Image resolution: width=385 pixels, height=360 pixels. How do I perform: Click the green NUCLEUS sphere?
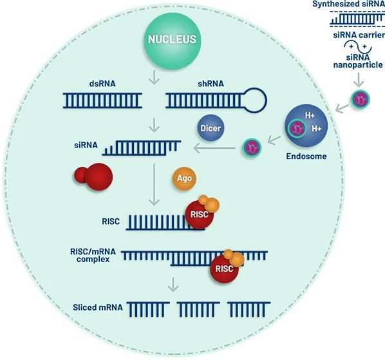(172, 41)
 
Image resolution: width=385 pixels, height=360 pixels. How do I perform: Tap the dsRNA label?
(102, 84)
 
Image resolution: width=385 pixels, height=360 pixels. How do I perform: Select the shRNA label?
(211, 84)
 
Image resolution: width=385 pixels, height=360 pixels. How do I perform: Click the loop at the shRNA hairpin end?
(256, 100)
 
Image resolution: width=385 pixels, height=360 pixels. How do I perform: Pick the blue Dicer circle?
(211, 128)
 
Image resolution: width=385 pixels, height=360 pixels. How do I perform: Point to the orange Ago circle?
(184, 178)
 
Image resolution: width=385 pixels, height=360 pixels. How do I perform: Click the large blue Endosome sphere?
(306, 126)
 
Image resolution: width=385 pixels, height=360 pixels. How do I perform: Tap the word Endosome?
(306, 156)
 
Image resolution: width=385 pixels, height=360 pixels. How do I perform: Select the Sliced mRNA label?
(98, 307)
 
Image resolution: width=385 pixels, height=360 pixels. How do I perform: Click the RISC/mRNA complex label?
(93, 256)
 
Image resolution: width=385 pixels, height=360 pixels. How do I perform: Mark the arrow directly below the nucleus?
(155, 77)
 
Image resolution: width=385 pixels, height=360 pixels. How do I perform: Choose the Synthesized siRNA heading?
(349, 4)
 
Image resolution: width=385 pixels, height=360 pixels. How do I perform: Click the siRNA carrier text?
(359, 35)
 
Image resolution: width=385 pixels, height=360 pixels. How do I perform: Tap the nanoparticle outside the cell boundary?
(360, 99)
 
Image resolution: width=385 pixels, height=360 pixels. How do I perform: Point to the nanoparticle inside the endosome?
(297, 128)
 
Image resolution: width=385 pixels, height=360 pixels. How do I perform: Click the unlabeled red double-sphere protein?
(93, 176)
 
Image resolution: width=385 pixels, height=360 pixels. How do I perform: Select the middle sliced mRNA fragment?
(198, 309)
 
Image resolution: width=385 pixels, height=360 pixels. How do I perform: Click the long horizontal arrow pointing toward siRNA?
(214, 148)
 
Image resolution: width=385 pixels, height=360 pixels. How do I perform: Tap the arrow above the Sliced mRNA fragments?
(173, 285)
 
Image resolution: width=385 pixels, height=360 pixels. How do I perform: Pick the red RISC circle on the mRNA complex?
(224, 269)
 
